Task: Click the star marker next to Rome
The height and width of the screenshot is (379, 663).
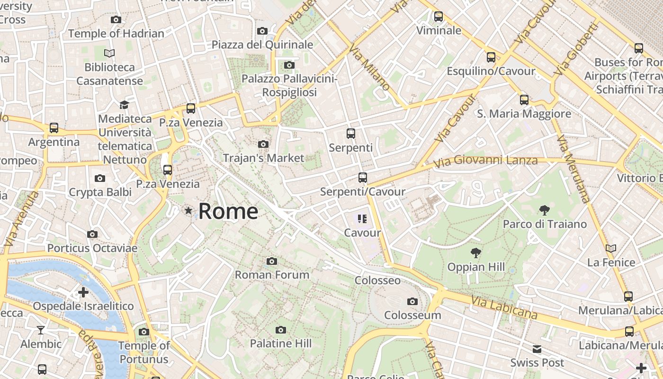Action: click(188, 210)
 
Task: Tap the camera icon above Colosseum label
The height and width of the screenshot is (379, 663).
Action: click(412, 301)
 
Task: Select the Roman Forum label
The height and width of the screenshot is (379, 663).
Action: click(272, 274)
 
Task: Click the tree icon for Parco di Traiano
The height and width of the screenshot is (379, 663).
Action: click(545, 210)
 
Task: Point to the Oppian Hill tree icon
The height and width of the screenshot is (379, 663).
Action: click(476, 253)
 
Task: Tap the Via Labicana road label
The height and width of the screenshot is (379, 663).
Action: click(504, 307)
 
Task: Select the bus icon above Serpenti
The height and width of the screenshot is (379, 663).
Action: click(350, 134)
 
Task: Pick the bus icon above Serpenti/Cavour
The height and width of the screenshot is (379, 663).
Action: click(362, 178)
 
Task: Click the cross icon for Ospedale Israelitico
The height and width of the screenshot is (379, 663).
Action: click(83, 292)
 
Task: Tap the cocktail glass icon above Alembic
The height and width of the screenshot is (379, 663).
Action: click(41, 330)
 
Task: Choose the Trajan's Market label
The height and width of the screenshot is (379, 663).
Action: click(263, 158)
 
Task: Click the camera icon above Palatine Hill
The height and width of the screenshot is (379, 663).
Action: click(281, 330)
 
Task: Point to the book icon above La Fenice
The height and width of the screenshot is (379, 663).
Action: click(611, 248)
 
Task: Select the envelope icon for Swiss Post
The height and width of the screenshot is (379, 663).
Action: click(537, 349)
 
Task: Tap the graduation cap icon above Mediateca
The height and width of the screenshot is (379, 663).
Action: click(124, 105)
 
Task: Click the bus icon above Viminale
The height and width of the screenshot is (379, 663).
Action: click(439, 17)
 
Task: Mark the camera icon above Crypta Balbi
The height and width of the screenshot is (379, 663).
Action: click(99, 178)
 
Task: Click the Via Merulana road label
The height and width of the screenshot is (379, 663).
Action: click(573, 169)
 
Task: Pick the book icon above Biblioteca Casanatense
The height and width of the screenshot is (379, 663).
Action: click(109, 54)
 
